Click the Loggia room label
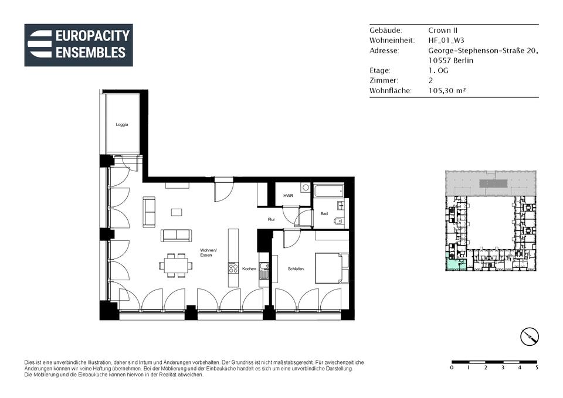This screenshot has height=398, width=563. (x=122, y=124)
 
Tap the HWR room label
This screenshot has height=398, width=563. (x=288, y=196)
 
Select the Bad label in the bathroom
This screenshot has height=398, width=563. (x=324, y=213)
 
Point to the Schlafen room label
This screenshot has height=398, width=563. (x=296, y=269)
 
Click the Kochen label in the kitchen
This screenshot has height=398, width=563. (x=249, y=269)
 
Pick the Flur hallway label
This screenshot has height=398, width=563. (x=271, y=219)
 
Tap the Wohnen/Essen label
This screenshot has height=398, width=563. (x=208, y=253)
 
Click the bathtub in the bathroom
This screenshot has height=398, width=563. (x=328, y=191)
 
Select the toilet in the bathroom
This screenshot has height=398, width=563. (x=338, y=222)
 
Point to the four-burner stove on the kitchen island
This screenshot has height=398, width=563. (x=233, y=268)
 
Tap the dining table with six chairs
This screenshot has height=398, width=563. (x=176, y=266)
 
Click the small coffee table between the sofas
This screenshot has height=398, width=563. (x=177, y=212)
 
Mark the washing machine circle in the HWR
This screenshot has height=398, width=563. (x=306, y=188)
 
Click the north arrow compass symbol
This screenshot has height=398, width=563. (x=530, y=337)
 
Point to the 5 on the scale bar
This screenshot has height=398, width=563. (x=537, y=368)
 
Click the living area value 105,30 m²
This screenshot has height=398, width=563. (x=447, y=90)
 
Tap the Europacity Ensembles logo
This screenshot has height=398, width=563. (x=79, y=45)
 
